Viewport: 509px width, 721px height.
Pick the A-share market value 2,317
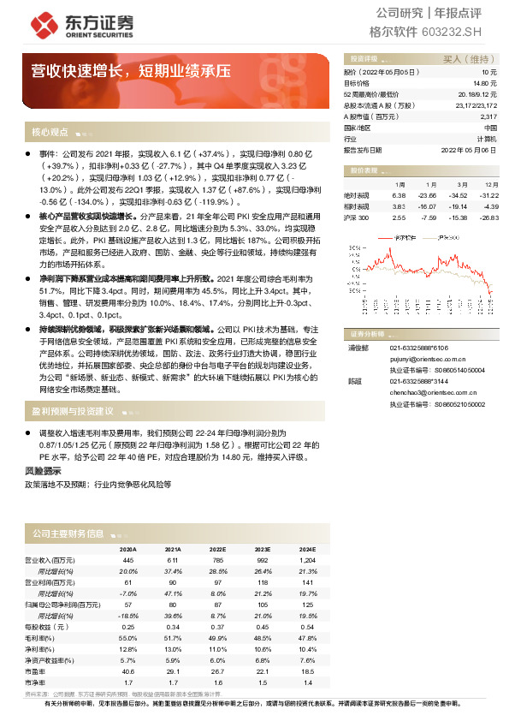coord(488,116)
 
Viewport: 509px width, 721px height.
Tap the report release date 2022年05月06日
coord(469,149)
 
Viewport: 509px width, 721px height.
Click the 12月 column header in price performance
coord(490,184)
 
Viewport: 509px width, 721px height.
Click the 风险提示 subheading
coord(43,471)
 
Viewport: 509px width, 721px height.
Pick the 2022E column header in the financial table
coord(217,550)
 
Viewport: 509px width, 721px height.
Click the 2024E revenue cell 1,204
coord(307,560)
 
